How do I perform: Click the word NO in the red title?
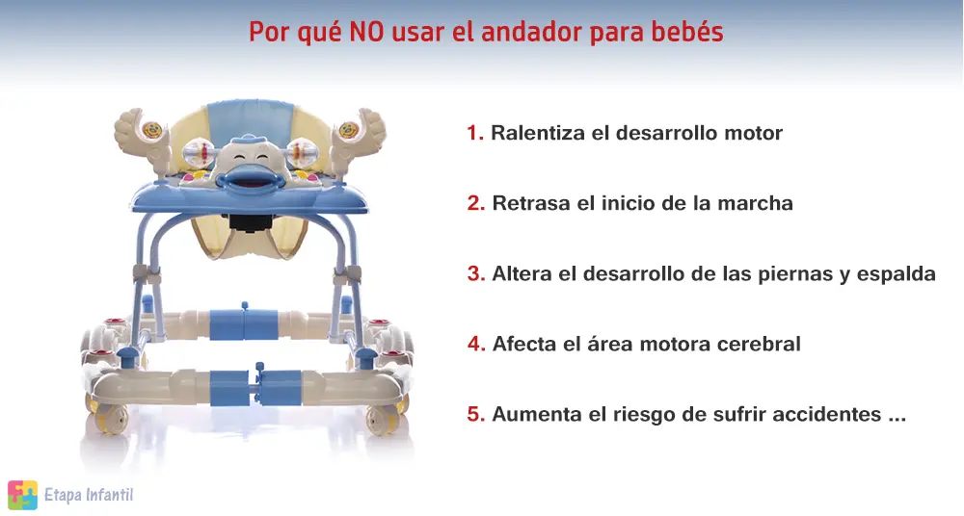(x=366, y=32)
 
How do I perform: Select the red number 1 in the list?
(x=475, y=133)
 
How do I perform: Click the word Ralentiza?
(x=538, y=133)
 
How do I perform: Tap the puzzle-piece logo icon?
(x=23, y=495)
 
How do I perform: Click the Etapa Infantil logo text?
(x=89, y=495)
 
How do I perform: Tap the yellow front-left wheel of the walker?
(x=111, y=418)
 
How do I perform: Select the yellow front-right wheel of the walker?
(x=382, y=420)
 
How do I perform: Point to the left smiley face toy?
(x=152, y=130)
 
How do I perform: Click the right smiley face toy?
(x=349, y=130)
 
